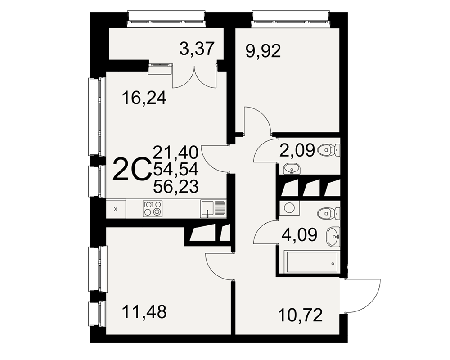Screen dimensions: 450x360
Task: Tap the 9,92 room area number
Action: click(263, 52)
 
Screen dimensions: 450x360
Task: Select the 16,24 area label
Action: click(144, 98)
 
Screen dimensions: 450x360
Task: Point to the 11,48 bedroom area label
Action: click(144, 312)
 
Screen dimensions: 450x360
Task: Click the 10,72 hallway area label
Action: click(301, 315)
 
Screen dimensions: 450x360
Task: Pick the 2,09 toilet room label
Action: click(297, 151)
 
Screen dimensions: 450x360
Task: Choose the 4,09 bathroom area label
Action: click(300, 235)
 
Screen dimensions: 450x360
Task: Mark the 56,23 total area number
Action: click(175, 187)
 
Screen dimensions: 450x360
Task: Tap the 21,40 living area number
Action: click(175, 152)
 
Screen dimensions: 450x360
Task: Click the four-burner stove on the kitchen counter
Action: click(153, 208)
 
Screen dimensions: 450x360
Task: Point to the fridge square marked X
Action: click(116, 209)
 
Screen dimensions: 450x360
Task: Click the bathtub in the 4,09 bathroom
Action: click(311, 262)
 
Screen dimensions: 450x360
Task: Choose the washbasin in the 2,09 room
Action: click(292, 169)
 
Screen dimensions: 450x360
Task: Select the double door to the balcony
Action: click(194, 77)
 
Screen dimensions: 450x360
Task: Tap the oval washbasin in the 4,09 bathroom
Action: click(333, 236)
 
